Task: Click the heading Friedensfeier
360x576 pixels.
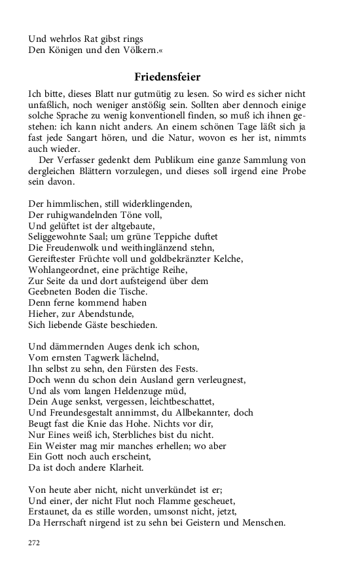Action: [168, 77]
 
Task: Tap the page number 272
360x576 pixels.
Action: [35, 543]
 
